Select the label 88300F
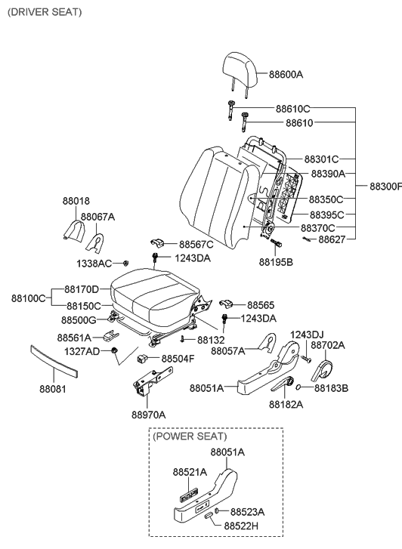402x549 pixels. pyautogui.click(x=385, y=186)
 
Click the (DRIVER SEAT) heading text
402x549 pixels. pyautogui.click(x=45, y=13)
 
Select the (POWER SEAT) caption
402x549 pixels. pyautogui.click(x=189, y=436)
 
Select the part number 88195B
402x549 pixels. pyautogui.click(x=277, y=263)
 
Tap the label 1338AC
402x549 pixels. pyautogui.click(x=93, y=263)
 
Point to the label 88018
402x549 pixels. pyautogui.click(x=76, y=202)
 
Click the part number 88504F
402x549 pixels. pyautogui.click(x=178, y=359)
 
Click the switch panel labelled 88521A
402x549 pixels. pyautogui.click(x=188, y=496)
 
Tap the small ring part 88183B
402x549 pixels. pyautogui.click(x=299, y=388)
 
